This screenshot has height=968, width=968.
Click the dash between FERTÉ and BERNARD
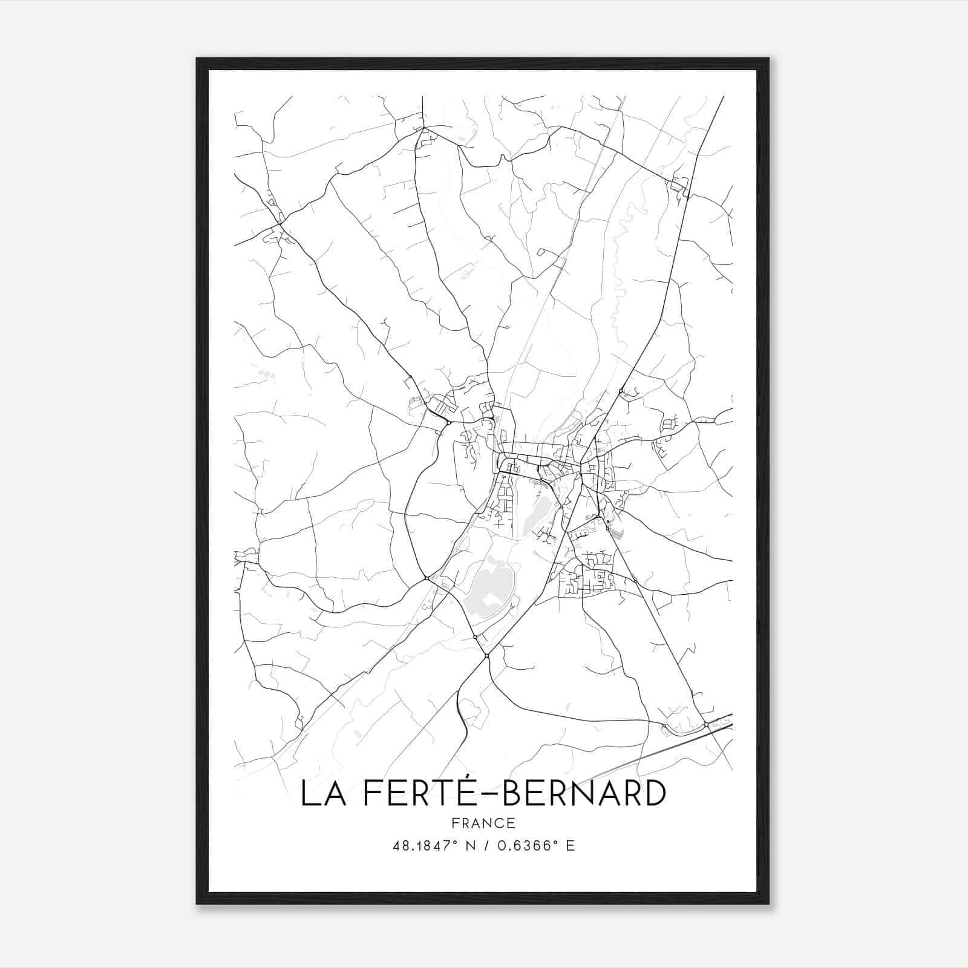(492, 794)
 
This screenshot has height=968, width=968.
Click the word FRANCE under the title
(483, 823)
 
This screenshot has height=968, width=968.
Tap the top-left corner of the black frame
(198, 59)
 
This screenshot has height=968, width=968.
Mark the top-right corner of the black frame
(768, 59)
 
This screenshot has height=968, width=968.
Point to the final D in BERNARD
(655, 794)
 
